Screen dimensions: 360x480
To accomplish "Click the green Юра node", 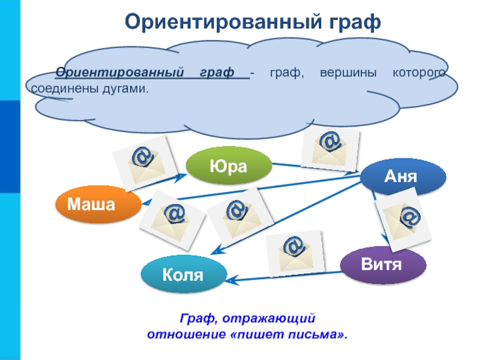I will pyautogui.click(x=229, y=166).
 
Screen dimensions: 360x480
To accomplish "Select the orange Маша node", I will pyautogui.click(x=91, y=205).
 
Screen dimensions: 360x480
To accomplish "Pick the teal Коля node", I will pyautogui.click(x=183, y=275).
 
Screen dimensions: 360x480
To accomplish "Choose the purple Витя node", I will pyautogui.click(x=382, y=263).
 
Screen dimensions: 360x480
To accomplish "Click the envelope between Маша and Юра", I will pyautogui.click(x=145, y=160).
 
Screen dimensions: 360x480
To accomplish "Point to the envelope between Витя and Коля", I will pyautogui.click(x=295, y=251).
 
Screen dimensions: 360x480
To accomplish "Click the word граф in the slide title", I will pyautogui.click(x=352, y=23).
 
